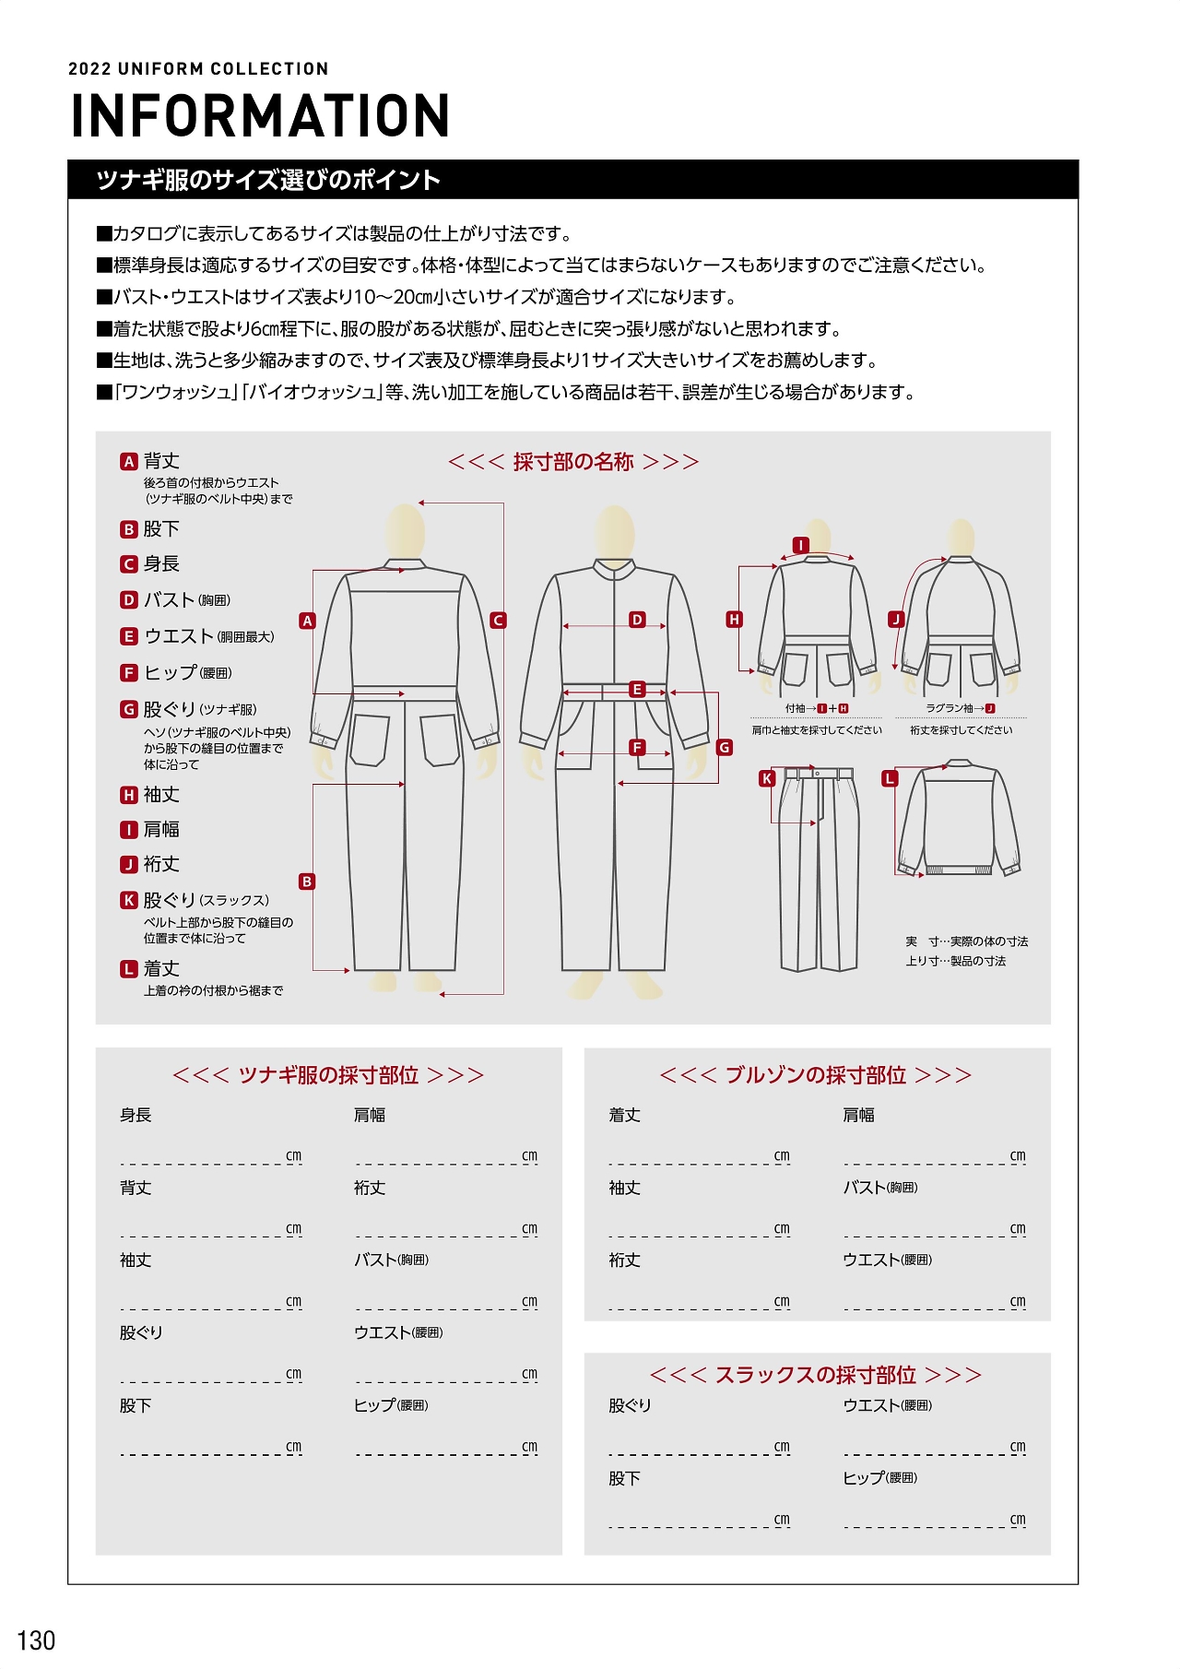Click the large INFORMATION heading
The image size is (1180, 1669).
(x=260, y=116)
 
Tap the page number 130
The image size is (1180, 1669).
(x=36, y=1640)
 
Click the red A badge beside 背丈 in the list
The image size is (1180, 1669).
(x=129, y=461)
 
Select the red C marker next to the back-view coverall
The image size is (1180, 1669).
(x=499, y=621)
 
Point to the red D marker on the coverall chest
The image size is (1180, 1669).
(x=637, y=620)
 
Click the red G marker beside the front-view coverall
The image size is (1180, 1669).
(x=725, y=748)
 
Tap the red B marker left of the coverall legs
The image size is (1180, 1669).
(x=307, y=882)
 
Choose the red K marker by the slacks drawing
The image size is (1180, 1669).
(x=767, y=778)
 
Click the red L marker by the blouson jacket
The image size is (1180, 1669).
(x=890, y=778)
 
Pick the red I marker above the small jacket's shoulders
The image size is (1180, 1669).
(x=801, y=545)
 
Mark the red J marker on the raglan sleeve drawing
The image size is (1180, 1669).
(x=896, y=620)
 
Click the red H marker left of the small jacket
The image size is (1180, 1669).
(x=735, y=620)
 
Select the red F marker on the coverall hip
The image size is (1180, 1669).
(x=637, y=748)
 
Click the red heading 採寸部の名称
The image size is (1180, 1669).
(x=573, y=462)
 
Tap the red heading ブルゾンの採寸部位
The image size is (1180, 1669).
(x=816, y=1075)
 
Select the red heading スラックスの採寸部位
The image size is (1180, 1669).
(x=816, y=1375)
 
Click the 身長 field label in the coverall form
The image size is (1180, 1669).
(x=136, y=1115)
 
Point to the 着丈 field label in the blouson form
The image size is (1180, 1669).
(x=624, y=1115)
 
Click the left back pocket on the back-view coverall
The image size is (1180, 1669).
(x=371, y=740)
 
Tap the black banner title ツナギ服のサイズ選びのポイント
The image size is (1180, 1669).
(x=268, y=180)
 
